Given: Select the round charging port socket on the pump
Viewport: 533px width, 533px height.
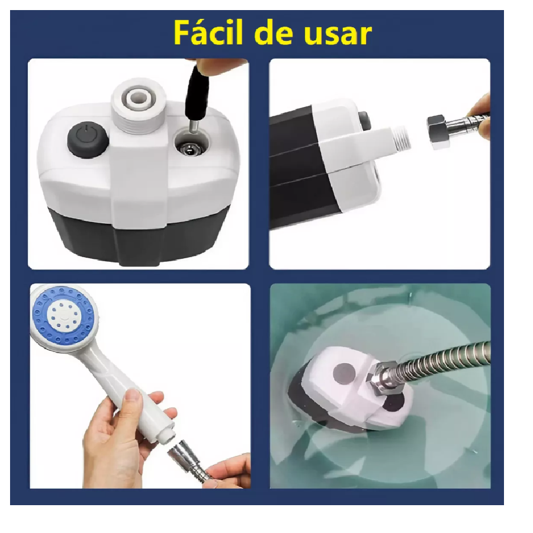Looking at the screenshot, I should point(191,146).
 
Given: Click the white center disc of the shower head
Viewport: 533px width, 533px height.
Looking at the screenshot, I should point(62,313).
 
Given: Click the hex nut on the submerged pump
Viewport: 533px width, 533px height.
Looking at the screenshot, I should point(380,379).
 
